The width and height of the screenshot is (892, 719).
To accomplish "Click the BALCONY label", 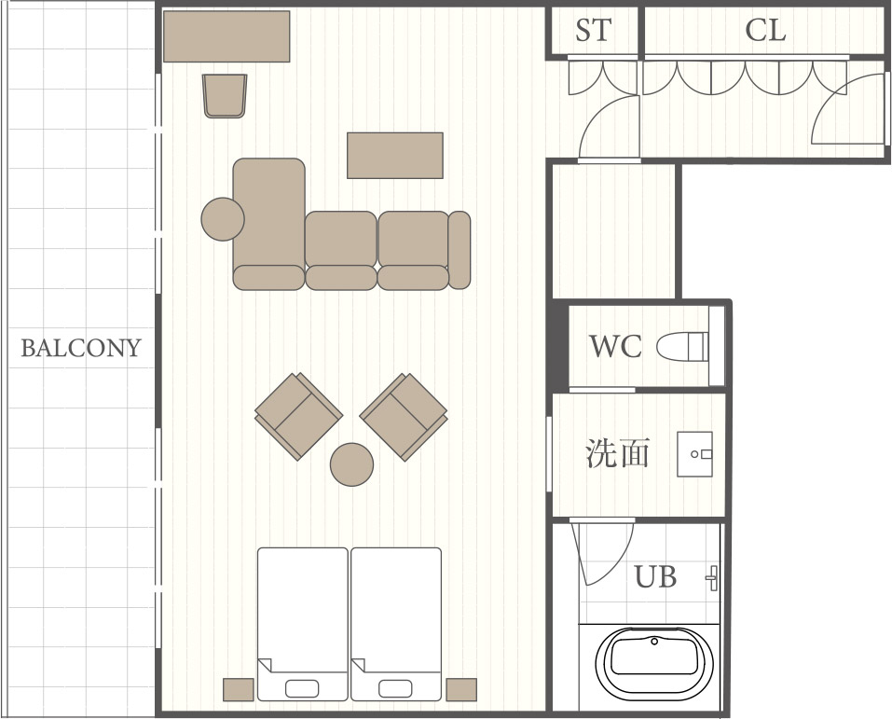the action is point(81,348).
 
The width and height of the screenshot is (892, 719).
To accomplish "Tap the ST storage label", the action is point(594,30).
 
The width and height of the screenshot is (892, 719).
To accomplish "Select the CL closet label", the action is point(765,30).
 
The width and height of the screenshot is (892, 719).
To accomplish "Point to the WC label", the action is point(615,346).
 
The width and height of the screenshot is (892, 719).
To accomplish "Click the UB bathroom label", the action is point(655,576).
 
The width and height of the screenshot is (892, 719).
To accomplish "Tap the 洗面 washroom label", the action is point(618,454).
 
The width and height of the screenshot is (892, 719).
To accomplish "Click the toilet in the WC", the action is point(682,346).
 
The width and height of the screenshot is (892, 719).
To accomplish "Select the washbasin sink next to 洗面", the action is point(694,454).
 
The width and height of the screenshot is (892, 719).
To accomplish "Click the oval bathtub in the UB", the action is point(654,665).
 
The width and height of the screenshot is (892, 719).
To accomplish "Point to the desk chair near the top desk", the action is point(225,96).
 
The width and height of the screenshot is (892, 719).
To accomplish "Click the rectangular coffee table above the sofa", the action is point(395,156).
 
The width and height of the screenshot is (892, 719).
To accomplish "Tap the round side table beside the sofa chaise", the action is point(223,219).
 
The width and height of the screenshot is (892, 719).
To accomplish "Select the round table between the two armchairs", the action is point(352,464).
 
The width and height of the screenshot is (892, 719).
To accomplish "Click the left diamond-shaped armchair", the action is point(298,416).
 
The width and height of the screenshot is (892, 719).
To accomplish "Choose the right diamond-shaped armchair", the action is point(404,416).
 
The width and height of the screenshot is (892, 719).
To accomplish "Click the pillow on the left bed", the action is point(302,689).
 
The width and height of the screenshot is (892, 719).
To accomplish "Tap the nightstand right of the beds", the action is point(461,689).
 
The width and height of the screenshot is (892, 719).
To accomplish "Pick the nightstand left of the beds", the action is point(239,689).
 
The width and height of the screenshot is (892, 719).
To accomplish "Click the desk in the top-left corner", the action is point(226,36).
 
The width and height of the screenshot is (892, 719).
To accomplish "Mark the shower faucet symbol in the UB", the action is point(713,578).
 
